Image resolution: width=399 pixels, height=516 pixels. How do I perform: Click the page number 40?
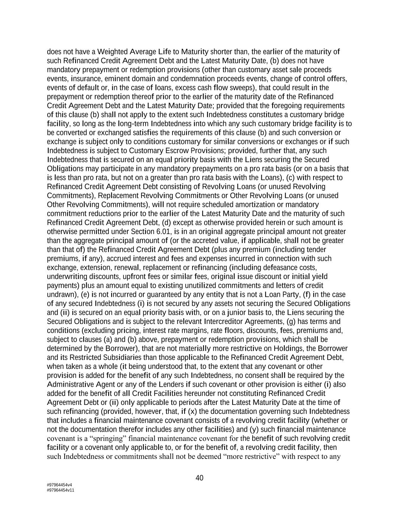point(199,478)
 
